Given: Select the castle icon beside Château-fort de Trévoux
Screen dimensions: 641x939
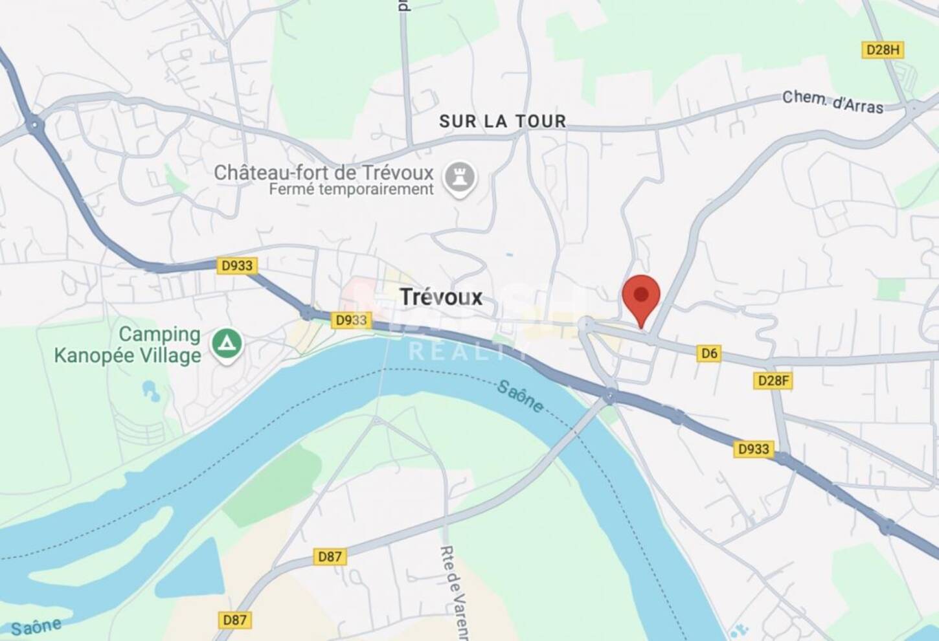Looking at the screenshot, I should (460, 177).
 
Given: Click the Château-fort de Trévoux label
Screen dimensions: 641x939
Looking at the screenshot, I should (323, 172).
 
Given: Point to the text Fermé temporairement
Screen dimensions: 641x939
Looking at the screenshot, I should (351, 190).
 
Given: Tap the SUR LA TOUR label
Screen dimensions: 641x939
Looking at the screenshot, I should (503, 121).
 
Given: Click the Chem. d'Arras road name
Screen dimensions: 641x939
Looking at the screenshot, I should (832, 102).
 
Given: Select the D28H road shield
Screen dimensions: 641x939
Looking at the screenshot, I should (882, 50).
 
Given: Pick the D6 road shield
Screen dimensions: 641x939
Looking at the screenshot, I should (709, 353).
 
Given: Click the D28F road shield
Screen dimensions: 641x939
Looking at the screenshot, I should (773, 380).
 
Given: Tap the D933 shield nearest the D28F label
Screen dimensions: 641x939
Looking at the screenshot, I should (753, 449).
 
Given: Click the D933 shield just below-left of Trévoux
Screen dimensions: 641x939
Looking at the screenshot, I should (350, 320).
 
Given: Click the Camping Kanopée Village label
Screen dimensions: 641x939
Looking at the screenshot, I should (128, 344).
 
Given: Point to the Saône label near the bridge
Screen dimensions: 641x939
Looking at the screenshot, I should (520, 396).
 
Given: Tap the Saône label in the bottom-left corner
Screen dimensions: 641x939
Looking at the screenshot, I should (36, 626).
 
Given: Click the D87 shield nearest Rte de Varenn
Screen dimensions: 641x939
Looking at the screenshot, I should (330, 556).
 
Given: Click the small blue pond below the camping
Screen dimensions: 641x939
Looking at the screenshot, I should (150, 390).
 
